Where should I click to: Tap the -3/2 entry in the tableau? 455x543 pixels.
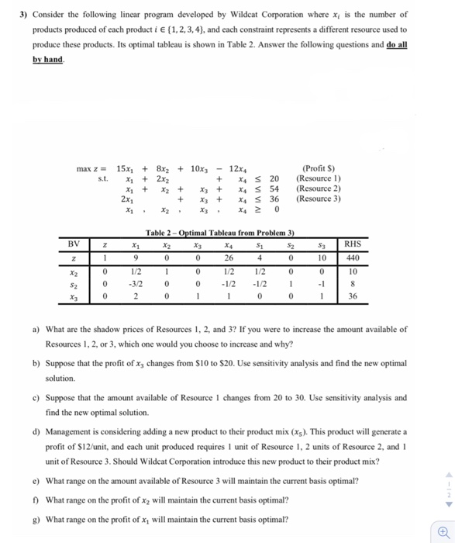coord(136,283)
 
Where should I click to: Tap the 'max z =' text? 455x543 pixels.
coord(91,168)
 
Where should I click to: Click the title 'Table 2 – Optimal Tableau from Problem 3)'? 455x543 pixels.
coord(220,233)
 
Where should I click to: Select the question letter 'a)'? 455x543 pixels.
coord(36,330)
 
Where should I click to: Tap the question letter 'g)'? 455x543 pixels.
coord(36,519)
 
